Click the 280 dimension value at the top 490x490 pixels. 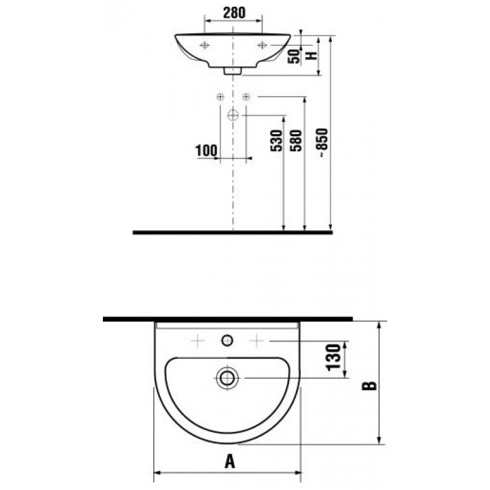click(x=234, y=12)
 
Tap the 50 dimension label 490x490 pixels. click(x=294, y=56)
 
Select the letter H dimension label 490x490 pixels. click(x=312, y=56)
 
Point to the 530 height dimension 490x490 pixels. click(x=276, y=141)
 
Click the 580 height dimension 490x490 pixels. click(x=296, y=141)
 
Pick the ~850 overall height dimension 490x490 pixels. click(x=322, y=143)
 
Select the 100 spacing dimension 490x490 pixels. click(x=206, y=151)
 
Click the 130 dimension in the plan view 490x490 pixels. click(x=333, y=358)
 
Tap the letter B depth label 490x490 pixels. click(x=369, y=386)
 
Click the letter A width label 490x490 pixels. click(x=230, y=461)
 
